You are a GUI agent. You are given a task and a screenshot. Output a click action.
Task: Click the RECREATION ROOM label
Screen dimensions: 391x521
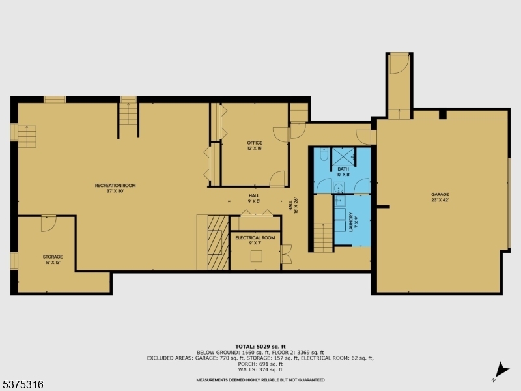click(115, 186)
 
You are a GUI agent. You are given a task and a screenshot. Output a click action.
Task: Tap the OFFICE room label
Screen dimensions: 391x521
click(254, 143)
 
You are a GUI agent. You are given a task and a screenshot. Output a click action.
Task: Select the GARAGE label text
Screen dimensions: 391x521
click(440, 194)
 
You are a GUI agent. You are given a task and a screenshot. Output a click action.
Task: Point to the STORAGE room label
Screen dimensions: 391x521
click(53, 257)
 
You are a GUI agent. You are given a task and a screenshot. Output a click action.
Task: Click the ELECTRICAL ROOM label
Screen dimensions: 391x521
click(255, 238)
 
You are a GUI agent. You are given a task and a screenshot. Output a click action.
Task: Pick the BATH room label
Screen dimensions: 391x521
click(343, 169)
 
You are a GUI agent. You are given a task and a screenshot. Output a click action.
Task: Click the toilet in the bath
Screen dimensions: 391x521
click(323, 156)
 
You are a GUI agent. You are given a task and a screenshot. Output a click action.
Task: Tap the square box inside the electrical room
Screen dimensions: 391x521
click(255, 256)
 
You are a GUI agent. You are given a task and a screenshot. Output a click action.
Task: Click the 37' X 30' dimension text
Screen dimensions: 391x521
click(115, 191)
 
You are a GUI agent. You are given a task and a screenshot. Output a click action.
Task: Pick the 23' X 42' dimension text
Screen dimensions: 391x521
click(440, 199)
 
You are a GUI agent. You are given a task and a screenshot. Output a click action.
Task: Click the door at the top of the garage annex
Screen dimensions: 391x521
click(395, 64)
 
